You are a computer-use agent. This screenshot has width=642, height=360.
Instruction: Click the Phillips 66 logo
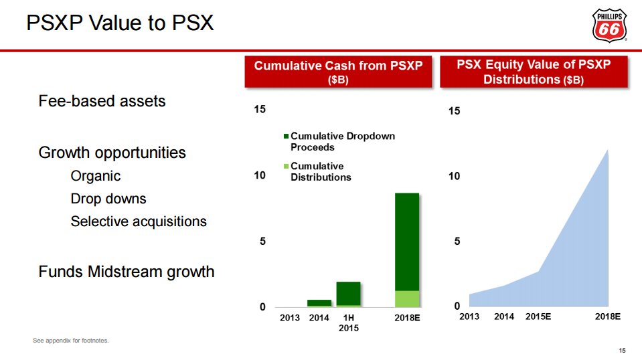610,25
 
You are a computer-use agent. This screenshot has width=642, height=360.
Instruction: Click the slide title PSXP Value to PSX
120,23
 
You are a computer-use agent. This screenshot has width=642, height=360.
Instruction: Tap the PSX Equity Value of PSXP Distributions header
534,72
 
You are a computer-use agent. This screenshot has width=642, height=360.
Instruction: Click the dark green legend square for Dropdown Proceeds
287,137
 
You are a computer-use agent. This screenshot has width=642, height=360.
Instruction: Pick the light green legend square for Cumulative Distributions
287,167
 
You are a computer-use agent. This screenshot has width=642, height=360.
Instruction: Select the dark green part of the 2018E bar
407,241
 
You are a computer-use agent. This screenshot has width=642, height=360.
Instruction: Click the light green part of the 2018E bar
407,298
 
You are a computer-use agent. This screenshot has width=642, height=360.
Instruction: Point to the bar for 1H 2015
348,294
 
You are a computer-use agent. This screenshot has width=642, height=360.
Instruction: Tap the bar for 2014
319,302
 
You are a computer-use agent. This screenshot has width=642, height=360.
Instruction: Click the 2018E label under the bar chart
407,318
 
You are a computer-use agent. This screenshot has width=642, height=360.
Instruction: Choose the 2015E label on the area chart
538,317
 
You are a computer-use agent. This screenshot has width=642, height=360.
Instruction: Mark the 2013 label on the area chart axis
469,317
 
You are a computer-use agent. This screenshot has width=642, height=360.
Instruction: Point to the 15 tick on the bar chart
260,109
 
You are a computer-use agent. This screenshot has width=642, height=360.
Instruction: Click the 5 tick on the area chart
457,242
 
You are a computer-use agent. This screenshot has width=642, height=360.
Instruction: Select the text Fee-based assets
102,101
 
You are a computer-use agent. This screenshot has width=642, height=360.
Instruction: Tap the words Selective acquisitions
139,221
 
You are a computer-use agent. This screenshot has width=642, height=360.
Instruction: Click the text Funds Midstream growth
127,272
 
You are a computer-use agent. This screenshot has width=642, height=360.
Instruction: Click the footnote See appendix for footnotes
70,341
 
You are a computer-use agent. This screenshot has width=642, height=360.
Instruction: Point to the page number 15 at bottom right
622,351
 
